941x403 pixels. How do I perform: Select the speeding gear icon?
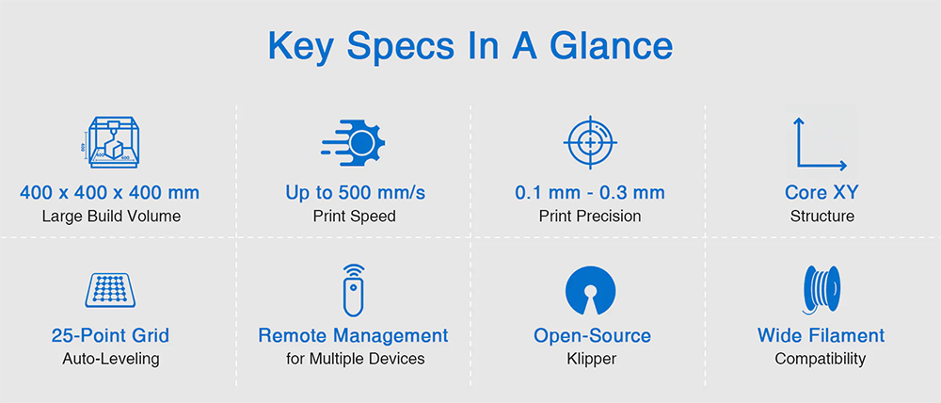coord(354,143)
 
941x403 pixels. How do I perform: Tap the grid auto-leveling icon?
coord(110,290)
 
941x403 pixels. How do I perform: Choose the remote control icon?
coord(353,290)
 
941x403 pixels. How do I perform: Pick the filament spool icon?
coord(821,291)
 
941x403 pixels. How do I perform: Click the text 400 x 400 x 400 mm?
coord(110,193)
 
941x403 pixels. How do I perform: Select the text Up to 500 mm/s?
coord(355,193)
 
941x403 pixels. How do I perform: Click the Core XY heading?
coord(821,193)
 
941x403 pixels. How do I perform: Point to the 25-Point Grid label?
coord(110,335)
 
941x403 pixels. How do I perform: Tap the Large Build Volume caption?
coord(111,216)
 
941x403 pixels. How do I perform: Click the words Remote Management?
coord(353,335)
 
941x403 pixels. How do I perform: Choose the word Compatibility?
coord(821,359)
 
